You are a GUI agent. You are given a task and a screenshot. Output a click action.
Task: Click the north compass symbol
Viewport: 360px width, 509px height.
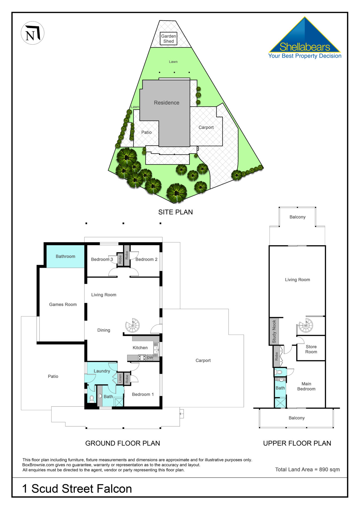pyautogui.click(x=33, y=33)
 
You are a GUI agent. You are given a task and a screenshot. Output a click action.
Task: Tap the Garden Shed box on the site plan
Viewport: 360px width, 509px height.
pyautogui.click(x=169, y=39)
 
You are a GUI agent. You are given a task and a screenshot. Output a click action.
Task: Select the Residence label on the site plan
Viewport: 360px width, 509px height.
pyautogui.click(x=167, y=103)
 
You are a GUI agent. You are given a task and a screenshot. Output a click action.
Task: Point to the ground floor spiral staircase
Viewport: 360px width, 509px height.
pyautogui.click(x=132, y=325)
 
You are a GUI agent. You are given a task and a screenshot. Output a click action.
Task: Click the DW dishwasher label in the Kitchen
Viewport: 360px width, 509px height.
pyautogui.click(x=150, y=357)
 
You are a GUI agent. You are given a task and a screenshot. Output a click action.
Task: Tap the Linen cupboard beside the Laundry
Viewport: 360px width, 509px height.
pyautogui.click(x=120, y=378)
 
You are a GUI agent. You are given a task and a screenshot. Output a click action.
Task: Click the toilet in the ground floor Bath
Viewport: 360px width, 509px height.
pyautogui.click(x=92, y=399)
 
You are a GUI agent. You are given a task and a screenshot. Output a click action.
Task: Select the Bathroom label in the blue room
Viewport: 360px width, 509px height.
pyautogui.click(x=65, y=256)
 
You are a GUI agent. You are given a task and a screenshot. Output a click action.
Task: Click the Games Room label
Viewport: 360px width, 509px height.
pyautogui.click(x=63, y=305)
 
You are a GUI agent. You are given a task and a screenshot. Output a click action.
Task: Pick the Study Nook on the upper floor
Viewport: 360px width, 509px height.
pyautogui.click(x=274, y=331)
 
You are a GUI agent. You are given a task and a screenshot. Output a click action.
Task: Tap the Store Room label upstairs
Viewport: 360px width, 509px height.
pyautogui.click(x=311, y=349)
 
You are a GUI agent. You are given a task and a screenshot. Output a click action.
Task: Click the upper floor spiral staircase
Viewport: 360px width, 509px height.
pyautogui.click(x=305, y=325)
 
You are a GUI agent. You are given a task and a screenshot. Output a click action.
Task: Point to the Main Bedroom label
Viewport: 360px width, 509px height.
pyautogui.click(x=306, y=386)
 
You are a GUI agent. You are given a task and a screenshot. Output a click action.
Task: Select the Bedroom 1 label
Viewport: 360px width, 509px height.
pyautogui.click(x=143, y=394)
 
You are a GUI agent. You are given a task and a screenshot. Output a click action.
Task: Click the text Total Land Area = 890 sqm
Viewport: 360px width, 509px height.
pyautogui.click(x=307, y=469)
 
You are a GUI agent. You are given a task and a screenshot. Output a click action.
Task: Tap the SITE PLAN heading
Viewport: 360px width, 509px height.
pyautogui.click(x=175, y=212)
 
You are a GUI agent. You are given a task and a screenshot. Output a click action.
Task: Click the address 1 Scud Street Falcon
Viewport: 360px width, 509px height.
pyautogui.click(x=77, y=489)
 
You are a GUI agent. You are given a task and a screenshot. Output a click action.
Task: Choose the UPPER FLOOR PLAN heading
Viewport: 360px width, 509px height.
pyautogui.click(x=297, y=443)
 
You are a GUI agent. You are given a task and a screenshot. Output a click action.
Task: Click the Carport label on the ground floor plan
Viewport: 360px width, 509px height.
pyautogui.click(x=203, y=361)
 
